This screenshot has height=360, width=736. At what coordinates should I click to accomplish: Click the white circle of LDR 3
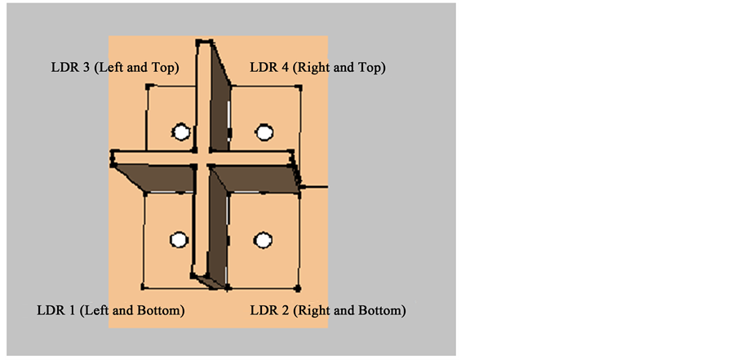(181, 131)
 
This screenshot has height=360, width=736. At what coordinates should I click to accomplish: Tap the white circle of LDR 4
(263, 131)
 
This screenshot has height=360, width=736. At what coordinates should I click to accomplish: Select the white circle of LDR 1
(179, 239)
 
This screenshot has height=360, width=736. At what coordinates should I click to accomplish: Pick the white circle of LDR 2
(262, 239)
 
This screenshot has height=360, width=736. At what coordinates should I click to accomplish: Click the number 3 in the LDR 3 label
(86, 67)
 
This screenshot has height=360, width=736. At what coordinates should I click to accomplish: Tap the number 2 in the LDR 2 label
(286, 311)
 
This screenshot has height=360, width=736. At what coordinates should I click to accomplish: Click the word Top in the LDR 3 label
(162, 67)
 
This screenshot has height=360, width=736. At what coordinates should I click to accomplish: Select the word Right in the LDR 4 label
(314, 67)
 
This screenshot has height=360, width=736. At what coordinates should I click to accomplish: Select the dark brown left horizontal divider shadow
(155, 176)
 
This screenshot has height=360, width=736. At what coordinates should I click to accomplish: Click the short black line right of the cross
(314, 187)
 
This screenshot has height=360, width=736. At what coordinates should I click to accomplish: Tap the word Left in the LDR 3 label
(110, 67)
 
